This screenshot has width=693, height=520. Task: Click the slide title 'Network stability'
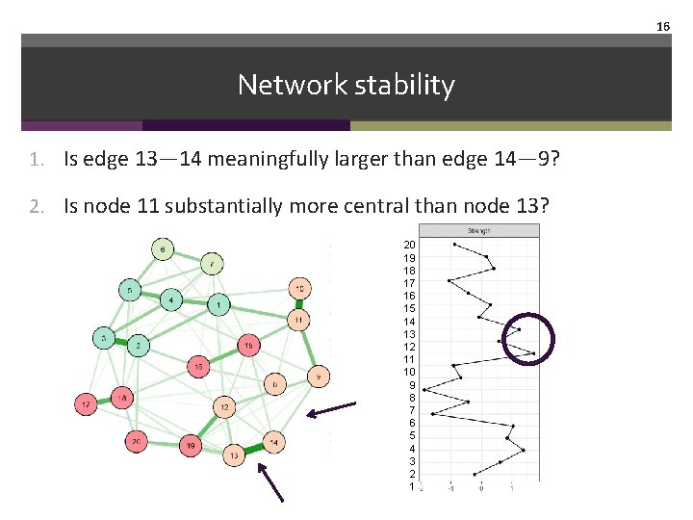[x=346, y=85]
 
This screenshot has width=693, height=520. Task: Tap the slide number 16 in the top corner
[x=662, y=27]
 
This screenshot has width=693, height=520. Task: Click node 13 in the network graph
[x=234, y=455]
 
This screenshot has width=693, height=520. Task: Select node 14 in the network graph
[x=273, y=442]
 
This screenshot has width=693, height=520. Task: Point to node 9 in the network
[x=319, y=376]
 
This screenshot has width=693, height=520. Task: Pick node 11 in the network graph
[x=299, y=319]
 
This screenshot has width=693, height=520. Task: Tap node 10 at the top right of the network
[x=299, y=288]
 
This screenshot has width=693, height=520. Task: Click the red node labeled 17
[x=87, y=406]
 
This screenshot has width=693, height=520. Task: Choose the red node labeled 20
[x=138, y=442]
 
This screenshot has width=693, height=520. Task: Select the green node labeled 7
[x=213, y=263]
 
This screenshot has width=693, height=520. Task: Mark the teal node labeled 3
[x=103, y=338]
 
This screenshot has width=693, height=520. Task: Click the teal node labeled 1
[x=220, y=305]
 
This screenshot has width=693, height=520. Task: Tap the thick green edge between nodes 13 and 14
[x=253, y=449]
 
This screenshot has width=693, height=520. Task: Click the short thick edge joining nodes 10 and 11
[x=299, y=303]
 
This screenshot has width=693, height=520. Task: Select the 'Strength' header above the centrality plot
[x=478, y=231]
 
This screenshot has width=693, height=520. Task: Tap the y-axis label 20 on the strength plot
[x=409, y=245]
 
